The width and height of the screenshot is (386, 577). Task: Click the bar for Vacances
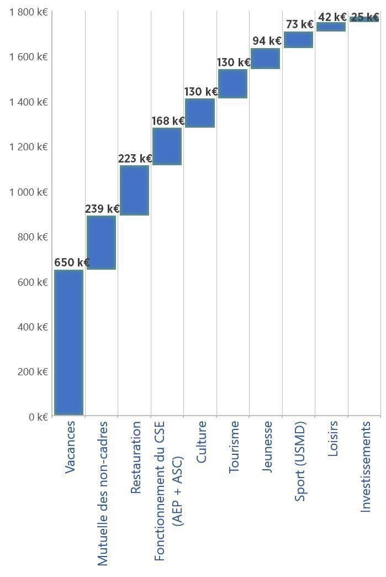pos(68,342)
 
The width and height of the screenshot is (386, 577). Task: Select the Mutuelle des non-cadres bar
pos(101,242)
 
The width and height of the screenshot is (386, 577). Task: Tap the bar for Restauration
pos(134,190)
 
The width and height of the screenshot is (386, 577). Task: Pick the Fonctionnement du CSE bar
pos(167,146)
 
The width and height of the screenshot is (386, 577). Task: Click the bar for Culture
pos(199,113)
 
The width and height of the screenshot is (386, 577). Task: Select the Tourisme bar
pos(232,83)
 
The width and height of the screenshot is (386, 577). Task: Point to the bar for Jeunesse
pos(265,59)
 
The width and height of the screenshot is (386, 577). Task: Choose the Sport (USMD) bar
pos(298,40)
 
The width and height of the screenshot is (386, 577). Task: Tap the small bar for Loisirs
pos(331,27)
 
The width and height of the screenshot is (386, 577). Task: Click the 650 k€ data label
pos(72,263)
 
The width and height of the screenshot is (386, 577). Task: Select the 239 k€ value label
pos(102,209)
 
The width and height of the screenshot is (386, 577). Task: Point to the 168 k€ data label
pos(168,121)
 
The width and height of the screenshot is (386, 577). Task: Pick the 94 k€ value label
pos(267,41)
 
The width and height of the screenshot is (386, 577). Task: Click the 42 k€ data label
pos(332,18)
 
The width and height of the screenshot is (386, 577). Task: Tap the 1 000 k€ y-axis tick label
pos(28,192)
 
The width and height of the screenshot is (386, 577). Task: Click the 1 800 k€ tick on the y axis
pos(28,12)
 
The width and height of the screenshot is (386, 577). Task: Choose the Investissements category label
pos(365,466)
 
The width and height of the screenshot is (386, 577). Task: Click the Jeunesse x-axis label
pos(267,446)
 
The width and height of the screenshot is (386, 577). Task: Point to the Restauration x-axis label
pos(135,457)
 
